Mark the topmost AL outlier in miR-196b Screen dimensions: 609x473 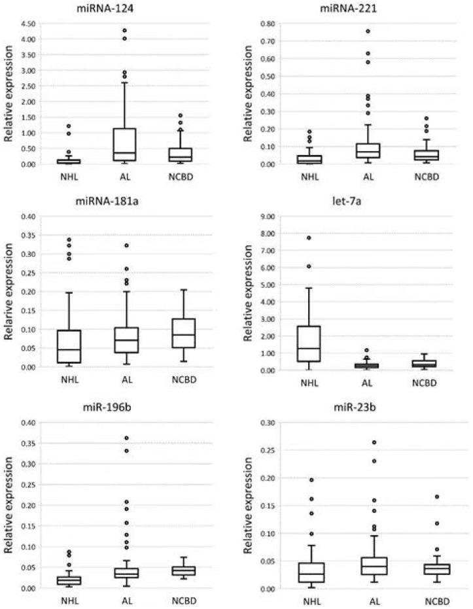point(124,438)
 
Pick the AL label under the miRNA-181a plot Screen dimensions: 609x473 point(124,381)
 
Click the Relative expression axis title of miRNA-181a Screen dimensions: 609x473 point(9,292)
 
